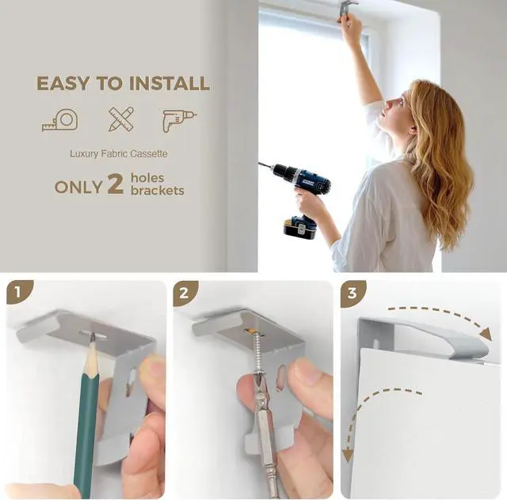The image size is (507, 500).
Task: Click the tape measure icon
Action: pos(60,119)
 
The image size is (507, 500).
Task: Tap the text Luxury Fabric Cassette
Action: pos(119,153)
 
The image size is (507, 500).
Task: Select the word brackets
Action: pos(158,191)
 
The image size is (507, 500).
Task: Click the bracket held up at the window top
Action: pos(347,8)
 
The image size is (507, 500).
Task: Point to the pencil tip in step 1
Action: pos(93,338)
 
